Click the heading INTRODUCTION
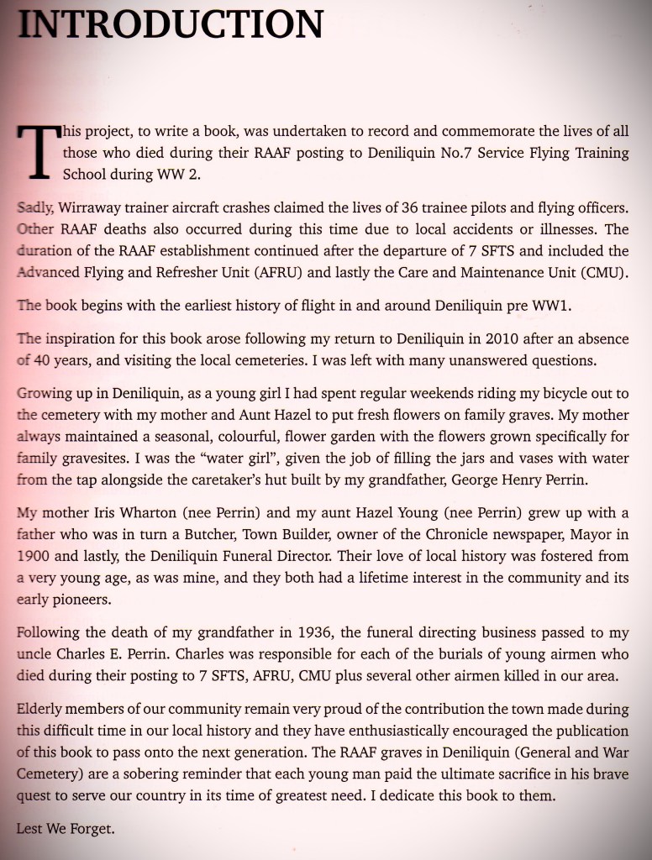click(x=170, y=24)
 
